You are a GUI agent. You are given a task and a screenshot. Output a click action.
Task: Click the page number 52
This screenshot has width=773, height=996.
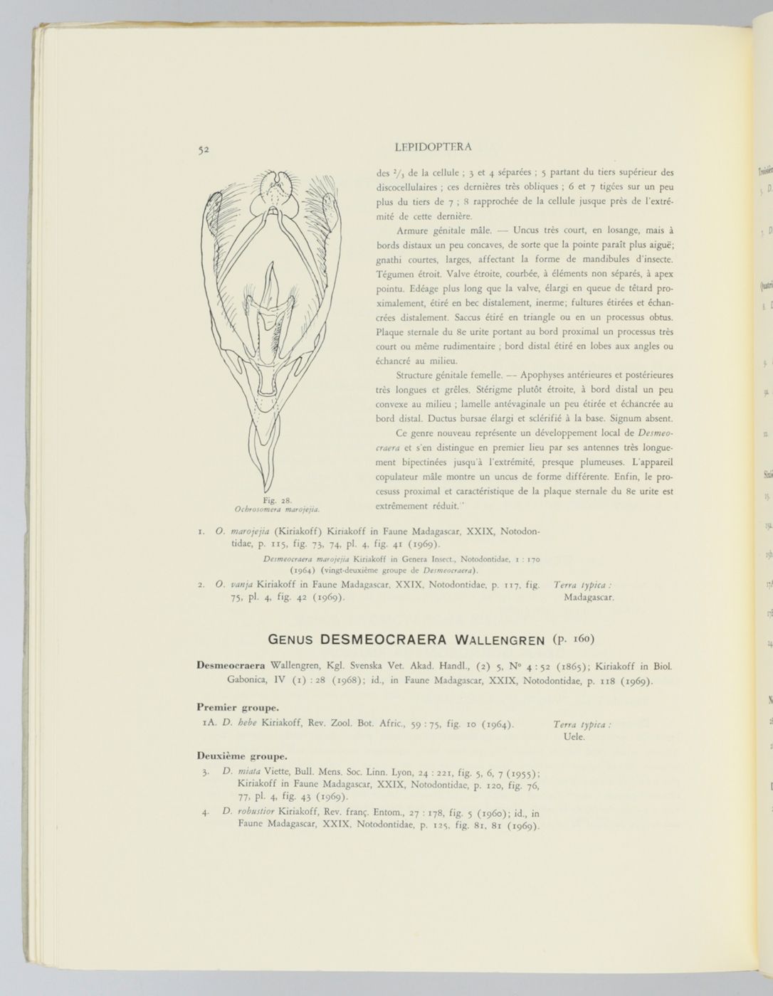[x=203, y=149]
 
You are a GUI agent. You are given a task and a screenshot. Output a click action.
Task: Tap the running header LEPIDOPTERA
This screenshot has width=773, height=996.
[x=432, y=147]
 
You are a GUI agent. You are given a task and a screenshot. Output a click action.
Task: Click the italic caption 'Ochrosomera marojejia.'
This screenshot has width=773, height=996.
[x=277, y=509]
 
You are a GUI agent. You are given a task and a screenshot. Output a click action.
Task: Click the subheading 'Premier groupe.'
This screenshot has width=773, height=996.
[x=238, y=707]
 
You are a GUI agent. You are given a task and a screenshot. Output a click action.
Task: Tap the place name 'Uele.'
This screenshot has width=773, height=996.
[x=573, y=737]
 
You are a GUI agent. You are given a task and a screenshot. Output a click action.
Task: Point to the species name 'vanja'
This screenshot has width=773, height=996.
[x=241, y=585]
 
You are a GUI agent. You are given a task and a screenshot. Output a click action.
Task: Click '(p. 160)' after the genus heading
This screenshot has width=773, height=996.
[x=571, y=638]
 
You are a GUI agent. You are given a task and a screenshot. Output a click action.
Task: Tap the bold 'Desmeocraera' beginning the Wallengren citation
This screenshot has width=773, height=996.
[x=231, y=666]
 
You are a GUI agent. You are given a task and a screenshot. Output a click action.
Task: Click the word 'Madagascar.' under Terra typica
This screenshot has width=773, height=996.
[x=589, y=598]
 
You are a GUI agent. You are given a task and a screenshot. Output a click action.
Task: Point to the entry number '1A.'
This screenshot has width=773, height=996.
[x=209, y=724]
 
